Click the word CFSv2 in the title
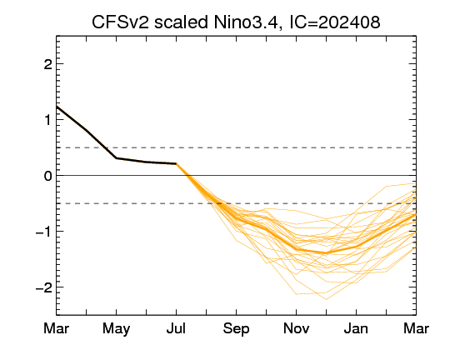(x=120, y=22)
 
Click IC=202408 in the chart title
(x=335, y=22)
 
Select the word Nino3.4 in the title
(x=246, y=22)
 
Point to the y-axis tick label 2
(x=48, y=64)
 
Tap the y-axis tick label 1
(x=48, y=120)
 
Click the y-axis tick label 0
(x=48, y=176)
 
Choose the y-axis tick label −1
(x=44, y=232)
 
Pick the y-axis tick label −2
(x=44, y=287)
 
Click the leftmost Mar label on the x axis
(x=57, y=328)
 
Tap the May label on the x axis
(x=116, y=329)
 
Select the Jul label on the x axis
(x=176, y=328)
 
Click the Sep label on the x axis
(x=236, y=329)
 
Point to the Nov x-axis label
(x=296, y=328)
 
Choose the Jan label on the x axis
(x=356, y=328)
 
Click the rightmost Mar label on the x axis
(x=416, y=328)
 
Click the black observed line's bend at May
(x=116, y=157)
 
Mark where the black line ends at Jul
(x=176, y=163)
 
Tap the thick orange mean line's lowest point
(x=326, y=253)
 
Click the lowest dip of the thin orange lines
(x=327, y=299)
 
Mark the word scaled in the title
(x=181, y=22)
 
